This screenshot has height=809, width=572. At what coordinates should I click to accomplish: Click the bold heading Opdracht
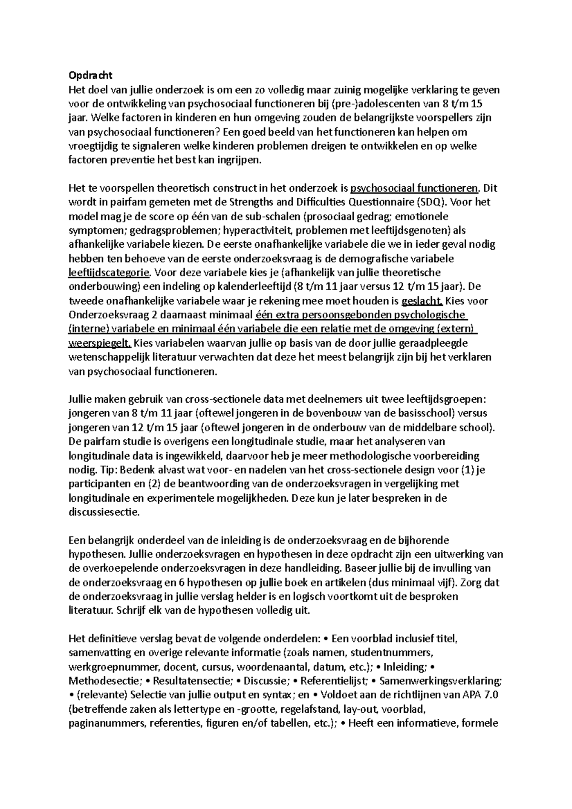click(91, 75)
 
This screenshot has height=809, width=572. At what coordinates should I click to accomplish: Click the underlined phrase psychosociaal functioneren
click(414, 188)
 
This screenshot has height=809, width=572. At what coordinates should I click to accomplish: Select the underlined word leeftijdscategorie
click(109, 273)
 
